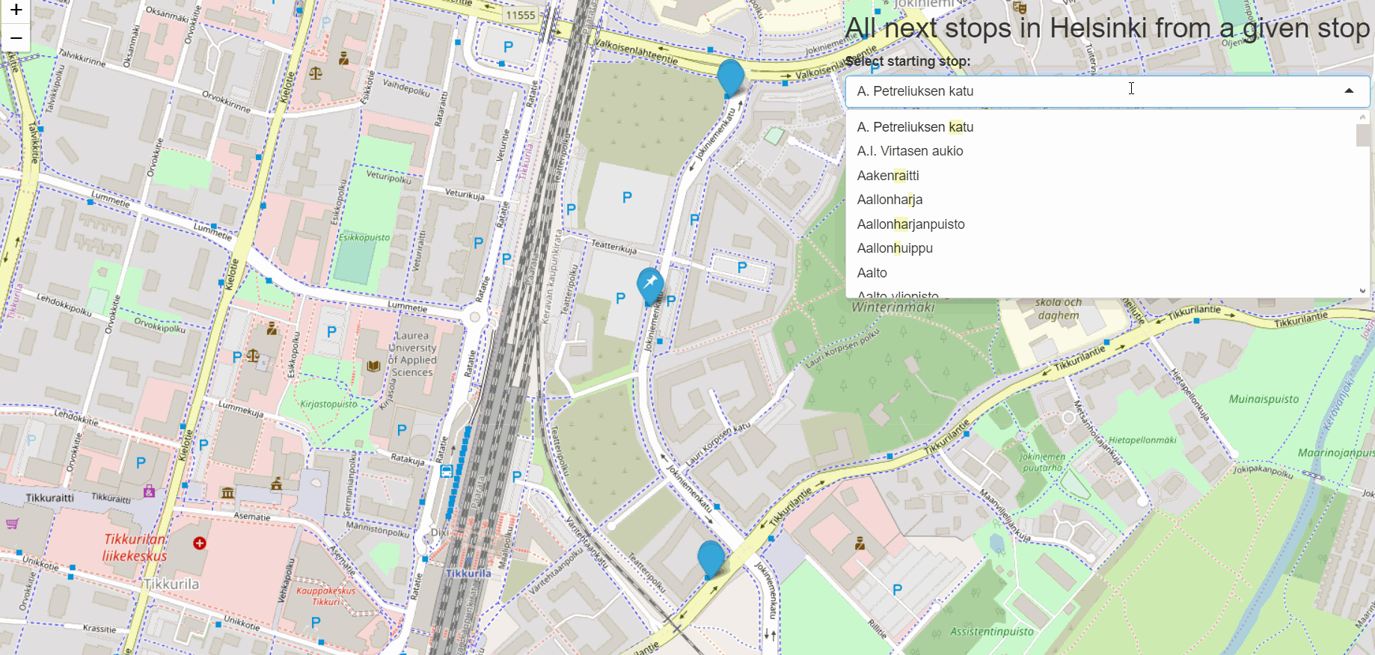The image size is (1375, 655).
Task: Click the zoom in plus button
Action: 16,10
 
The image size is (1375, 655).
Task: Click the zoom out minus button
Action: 16,37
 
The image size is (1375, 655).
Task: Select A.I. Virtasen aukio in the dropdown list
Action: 910,151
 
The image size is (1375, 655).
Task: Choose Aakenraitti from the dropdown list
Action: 888,176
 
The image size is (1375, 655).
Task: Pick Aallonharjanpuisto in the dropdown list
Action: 910,224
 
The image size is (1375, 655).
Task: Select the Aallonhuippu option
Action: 895,248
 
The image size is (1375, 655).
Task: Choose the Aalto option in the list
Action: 872,273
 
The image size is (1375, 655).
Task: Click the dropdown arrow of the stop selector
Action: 1349,91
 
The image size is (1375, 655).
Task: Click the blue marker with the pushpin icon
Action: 649,284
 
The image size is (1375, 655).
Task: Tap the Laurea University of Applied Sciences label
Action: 412,354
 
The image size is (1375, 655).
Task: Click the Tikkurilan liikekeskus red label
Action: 135,547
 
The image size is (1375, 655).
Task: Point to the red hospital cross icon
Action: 200,543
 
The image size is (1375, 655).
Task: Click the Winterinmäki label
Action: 893,307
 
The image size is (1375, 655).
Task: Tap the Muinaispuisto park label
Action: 1264,399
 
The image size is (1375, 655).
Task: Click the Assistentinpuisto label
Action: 991,632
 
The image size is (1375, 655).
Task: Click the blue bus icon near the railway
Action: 447,471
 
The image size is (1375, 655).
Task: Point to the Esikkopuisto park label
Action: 364,238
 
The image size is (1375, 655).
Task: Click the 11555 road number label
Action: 521,15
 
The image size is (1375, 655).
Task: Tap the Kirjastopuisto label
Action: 328,405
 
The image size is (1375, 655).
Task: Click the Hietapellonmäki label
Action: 1142,440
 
